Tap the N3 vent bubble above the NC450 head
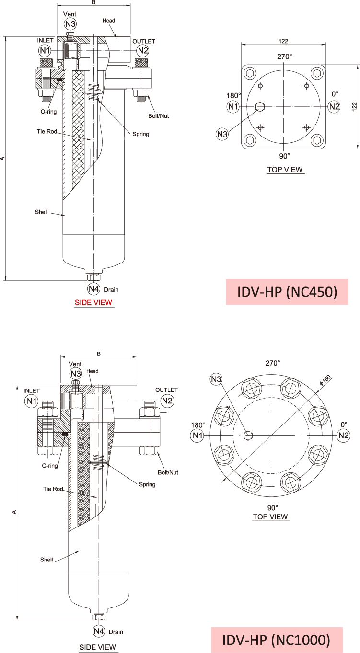(x=70, y=24)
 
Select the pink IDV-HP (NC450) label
(x=287, y=292)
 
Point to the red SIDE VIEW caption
(x=93, y=302)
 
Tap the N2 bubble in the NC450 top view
(x=334, y=106)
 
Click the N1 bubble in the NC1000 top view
(x=197, y=435)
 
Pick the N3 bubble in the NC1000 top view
(x=217, y=380)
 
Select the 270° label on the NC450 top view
(x=284, y=57)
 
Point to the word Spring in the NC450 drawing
(x=140, y=134)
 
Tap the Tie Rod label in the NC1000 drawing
(x=53, y=489)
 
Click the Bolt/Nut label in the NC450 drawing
(x=159, y=115)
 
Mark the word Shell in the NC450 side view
(x=41, y=212)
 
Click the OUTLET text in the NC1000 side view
(x=166, y=390)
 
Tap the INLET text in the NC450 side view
(x=45, y=41)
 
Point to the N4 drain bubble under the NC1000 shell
(x=99, y=631)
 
